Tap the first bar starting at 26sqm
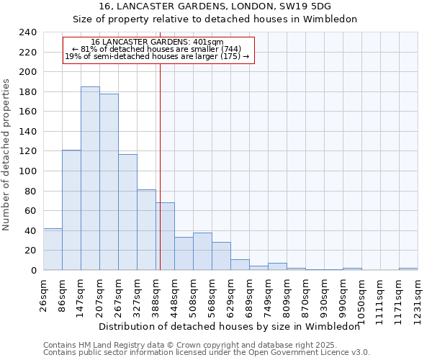[53, 249]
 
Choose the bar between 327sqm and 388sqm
[146, 230]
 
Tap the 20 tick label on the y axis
[30, 251]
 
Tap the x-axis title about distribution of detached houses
[229, 326]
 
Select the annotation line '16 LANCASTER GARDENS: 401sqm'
[158, 42]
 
